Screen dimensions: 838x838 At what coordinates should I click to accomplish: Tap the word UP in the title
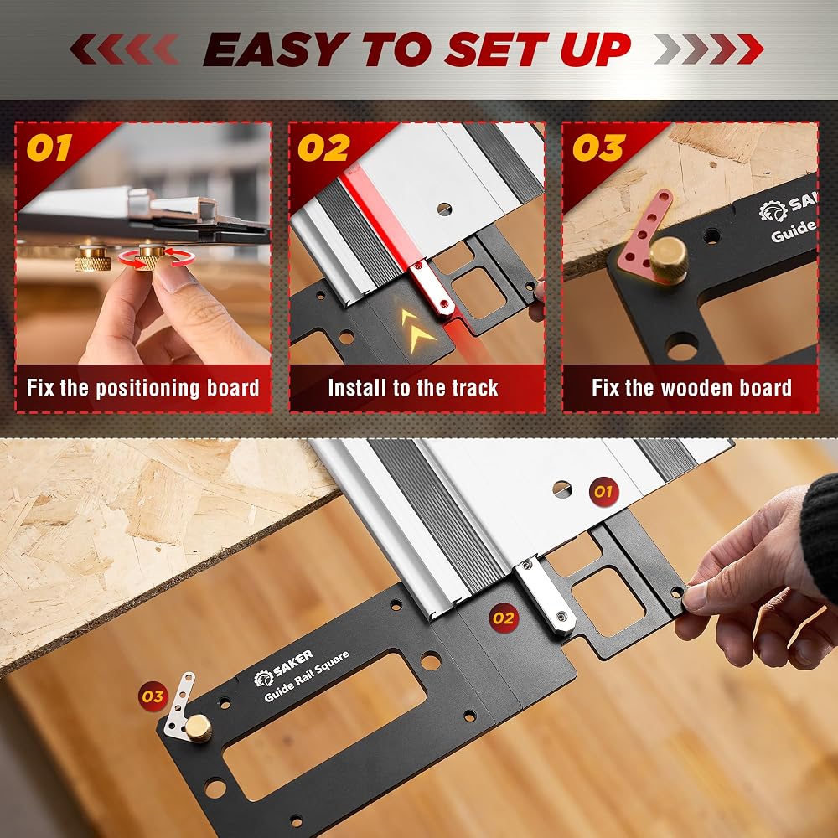click(x=595, y=49)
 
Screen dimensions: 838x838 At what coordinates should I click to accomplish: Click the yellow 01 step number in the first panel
click(x=49, y=148)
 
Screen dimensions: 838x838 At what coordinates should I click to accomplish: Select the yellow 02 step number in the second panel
click(x=323, y=148)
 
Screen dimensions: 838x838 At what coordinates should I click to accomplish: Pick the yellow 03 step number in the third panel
click(x=598, y=148)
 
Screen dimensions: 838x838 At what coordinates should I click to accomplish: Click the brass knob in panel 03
click(x=668, y=259)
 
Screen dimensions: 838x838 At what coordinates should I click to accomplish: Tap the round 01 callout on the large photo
click(x=603, y=492)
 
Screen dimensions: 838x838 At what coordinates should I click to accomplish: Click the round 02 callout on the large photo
click(x=504, y=618)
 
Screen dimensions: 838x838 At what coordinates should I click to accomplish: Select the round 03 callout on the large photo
click(x=153, y=696)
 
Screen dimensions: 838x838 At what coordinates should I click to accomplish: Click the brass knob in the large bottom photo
click(x=199, y=728)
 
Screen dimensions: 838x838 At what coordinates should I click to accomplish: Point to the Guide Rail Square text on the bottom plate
click(x=307, y=675)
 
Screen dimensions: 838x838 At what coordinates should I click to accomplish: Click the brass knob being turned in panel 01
click(x=151, y=256)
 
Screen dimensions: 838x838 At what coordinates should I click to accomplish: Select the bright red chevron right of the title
click(x=750, y=49)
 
